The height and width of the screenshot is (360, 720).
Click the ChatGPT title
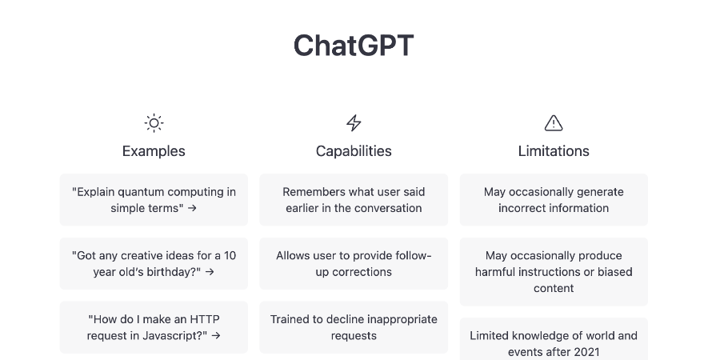pyautogui.click(x=354, y=46)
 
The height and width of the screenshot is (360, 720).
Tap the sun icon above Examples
pyautogui.click(x=154, y=123)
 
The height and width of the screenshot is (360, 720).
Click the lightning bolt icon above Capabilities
pyautogui.click(x=354, y=123)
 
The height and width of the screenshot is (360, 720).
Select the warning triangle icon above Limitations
pyautogui.click(x=554, y=123)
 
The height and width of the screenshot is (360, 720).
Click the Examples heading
pyautogui.click(x=154, y=151)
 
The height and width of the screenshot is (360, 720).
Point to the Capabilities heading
pyautogui.click(x=354, y=151)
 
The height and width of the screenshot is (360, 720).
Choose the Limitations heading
pyautogui.click(x=554, y=151)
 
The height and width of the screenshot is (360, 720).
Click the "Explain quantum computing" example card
pyautogui.click(x=154, y=200)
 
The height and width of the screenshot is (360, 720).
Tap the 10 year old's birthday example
pyautogui.click(x=154, y=263)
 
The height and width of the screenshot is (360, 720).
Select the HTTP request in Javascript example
pyautogui.click(x=154, y=327)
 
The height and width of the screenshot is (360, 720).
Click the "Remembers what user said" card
pyautogui.click(x=354, y=200)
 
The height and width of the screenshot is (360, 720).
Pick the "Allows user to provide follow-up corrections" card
pyautogui.click(x=354, y=263)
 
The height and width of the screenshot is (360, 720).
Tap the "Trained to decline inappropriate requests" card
pyautogui.click(x=354, y=327)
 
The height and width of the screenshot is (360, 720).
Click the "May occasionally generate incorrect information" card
pyautogui.click(x=554, y=200)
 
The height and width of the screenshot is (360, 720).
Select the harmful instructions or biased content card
pyautogui.click(x=554, y=272)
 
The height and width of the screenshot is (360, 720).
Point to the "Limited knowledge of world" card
pyautogui.click(x=554, y=340)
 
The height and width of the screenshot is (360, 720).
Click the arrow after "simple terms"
pyautogui.click(x=192, y=208)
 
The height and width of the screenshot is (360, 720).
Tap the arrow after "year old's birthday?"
pyautogui.click(x=210, y=272)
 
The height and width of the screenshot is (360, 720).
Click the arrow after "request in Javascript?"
pyautogui.click(x=216, y=336)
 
